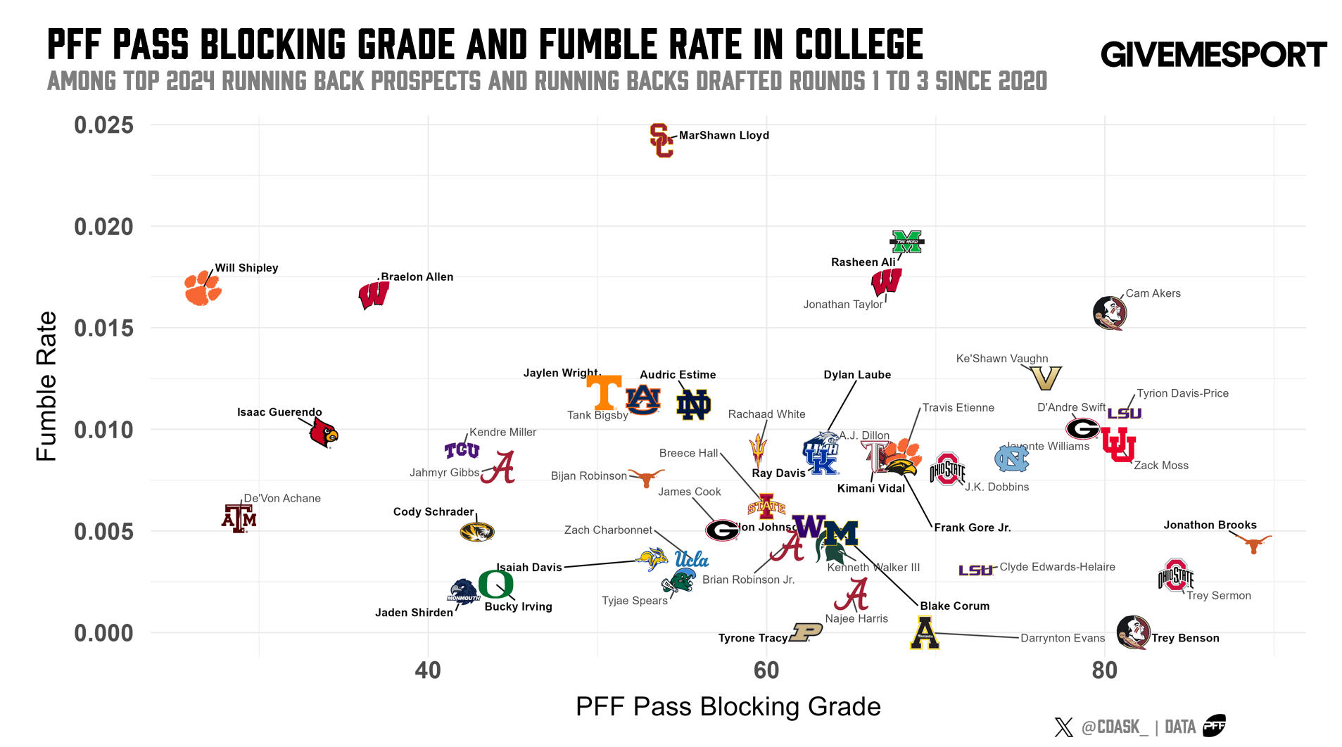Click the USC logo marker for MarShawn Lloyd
[661, 141]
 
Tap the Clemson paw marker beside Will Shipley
[203, 288]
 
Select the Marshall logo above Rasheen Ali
[906, 242]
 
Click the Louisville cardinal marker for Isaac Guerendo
[324, 433]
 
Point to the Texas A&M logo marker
[239, 518]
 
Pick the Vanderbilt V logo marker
[1046, 378]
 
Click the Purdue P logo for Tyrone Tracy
[806, 632]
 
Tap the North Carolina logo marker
[1011, 459]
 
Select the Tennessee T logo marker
[604, 392]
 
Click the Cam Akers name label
[1153, 293]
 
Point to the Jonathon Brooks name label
[1210, 525]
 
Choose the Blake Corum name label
[954, 606]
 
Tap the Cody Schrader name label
[433, 511]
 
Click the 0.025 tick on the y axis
[103, 125]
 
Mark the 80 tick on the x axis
[1104, 670]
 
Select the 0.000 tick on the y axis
[103, 633]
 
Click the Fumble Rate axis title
[46, 386]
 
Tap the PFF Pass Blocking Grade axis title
[728, 706]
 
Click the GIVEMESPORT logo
[1213, 55]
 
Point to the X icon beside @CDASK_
[1063, 727]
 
